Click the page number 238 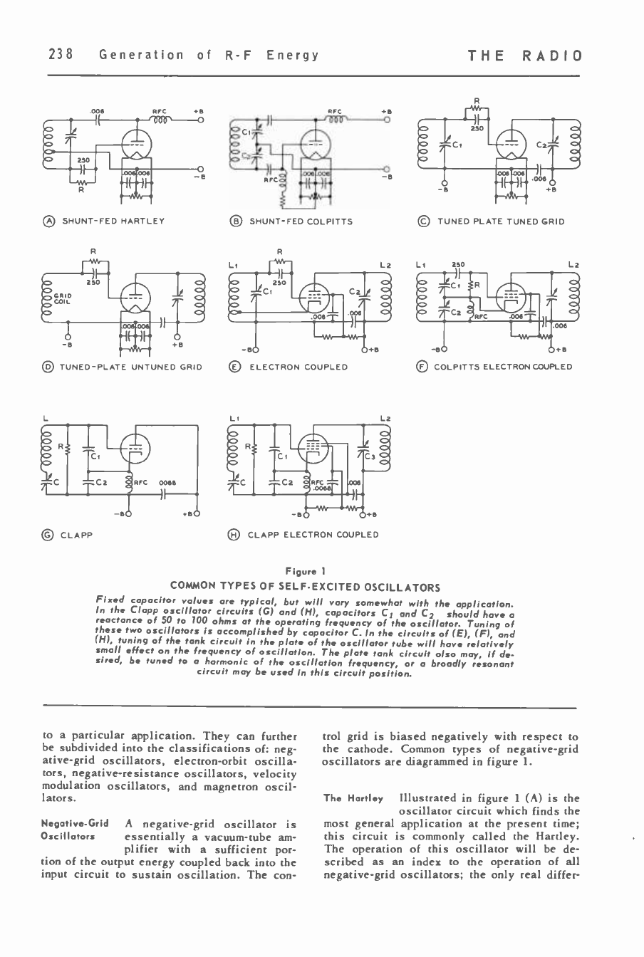coord(61,55)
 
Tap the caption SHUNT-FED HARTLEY coord(113,221)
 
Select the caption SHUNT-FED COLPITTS coord(300,221)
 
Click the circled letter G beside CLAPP coord(49,535)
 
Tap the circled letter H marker coord(236,535)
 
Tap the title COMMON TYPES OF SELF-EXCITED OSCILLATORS coord(305,587)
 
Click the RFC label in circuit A coord(158,111)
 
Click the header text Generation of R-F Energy coord(208,55)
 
